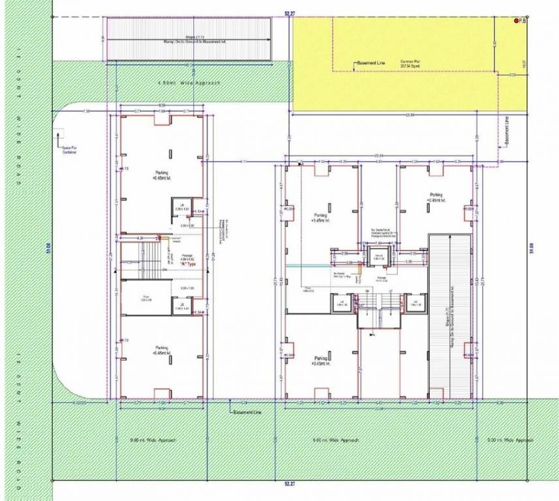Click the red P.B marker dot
[516, 22]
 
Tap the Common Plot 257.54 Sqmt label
[410, 64]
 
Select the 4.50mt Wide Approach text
[190, 83]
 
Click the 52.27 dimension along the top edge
[289, 12]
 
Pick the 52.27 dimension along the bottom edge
[289, 484]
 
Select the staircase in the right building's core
[377, 314]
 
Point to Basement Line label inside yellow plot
[372, 63]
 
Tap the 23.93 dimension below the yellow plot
[410, 115]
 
